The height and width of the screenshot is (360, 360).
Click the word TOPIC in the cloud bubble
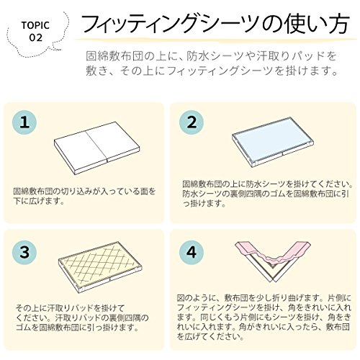(35, 25)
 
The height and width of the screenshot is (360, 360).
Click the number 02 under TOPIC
(36, 37)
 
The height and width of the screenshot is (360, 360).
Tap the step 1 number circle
(24, 122)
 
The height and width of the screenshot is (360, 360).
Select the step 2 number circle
(192, 122)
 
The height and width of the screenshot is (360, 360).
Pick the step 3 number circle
(24, 252)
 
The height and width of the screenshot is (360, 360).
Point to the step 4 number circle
(192, 252)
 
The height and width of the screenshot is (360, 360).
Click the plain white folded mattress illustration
(96, 149)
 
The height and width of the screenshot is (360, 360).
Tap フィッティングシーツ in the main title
(170, 24)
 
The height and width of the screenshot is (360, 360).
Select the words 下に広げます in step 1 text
(38, 201)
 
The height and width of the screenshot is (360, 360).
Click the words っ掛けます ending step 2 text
(204, 203)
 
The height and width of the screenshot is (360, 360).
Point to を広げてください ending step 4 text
(210, 336)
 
